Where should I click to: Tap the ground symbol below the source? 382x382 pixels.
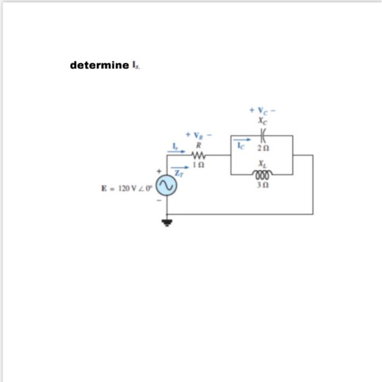pos(167,222)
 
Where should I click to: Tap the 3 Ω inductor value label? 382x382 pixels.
pos(263,184)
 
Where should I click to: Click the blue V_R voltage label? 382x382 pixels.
pos(199,135)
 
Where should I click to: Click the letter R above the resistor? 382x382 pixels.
pos(199,145)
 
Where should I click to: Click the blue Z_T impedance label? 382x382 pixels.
pos(178,174)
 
